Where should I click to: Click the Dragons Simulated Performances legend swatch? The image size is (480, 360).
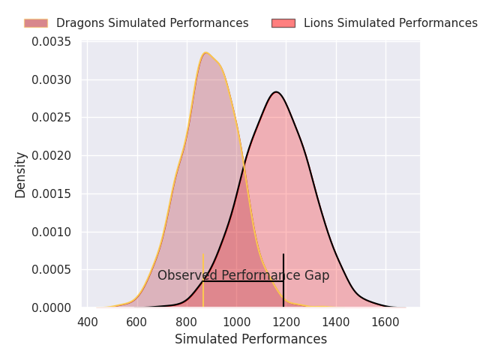35,23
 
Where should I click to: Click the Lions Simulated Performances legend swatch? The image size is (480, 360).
283,23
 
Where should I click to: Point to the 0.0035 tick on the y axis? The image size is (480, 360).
51,42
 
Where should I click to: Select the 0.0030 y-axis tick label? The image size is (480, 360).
51,80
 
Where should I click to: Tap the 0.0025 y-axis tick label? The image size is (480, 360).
51,118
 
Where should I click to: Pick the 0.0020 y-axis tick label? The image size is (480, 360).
51,156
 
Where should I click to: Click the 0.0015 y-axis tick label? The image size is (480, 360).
51,194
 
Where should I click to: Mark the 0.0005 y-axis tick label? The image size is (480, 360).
51,270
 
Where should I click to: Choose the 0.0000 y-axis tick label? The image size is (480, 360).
51,307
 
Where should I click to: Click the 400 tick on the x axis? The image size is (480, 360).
88,322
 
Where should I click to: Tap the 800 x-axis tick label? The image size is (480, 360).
187,322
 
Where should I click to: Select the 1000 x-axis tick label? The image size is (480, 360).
236,322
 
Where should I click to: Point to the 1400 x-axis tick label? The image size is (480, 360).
336,322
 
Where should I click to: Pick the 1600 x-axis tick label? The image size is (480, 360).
385,322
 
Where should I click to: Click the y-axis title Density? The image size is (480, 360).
21,175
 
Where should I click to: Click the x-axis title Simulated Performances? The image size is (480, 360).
250,340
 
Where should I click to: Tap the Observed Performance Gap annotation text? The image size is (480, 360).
243,275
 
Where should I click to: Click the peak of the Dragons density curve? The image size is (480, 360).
205,52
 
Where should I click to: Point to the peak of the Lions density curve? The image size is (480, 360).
277,92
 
